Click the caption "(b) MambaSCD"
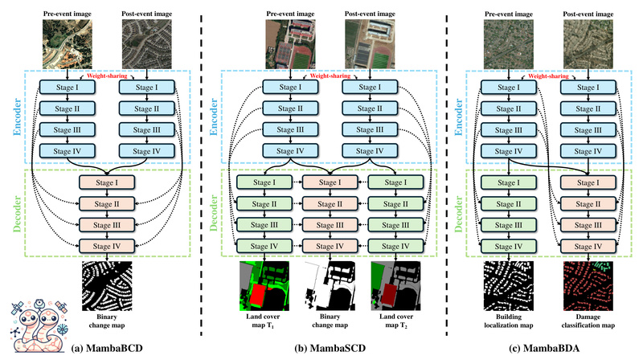[x=321, y=348]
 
